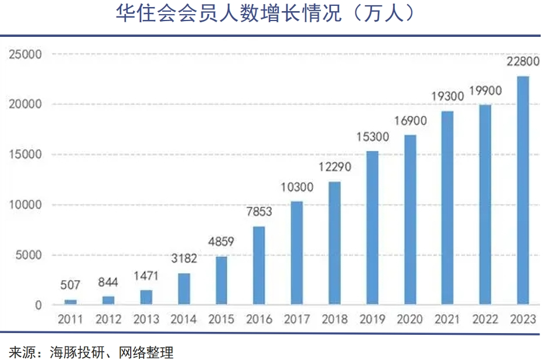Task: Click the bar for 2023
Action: [x=522, y=190]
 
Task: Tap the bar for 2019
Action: [x=372, y=228]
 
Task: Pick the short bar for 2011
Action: [x=70, y=302]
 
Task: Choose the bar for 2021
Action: [x=448, y=208]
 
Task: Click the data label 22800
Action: [x=522, y=62]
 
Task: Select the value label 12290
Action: [x=334, y=167]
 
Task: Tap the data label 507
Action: [x=70, y=286]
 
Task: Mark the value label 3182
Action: [x=183, y=259]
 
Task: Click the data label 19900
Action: [x=485, y=91]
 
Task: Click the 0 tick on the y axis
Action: [x=38, y=305]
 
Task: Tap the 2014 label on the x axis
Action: [x=183, y=320]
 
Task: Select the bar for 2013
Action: [x=146, y=297]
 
